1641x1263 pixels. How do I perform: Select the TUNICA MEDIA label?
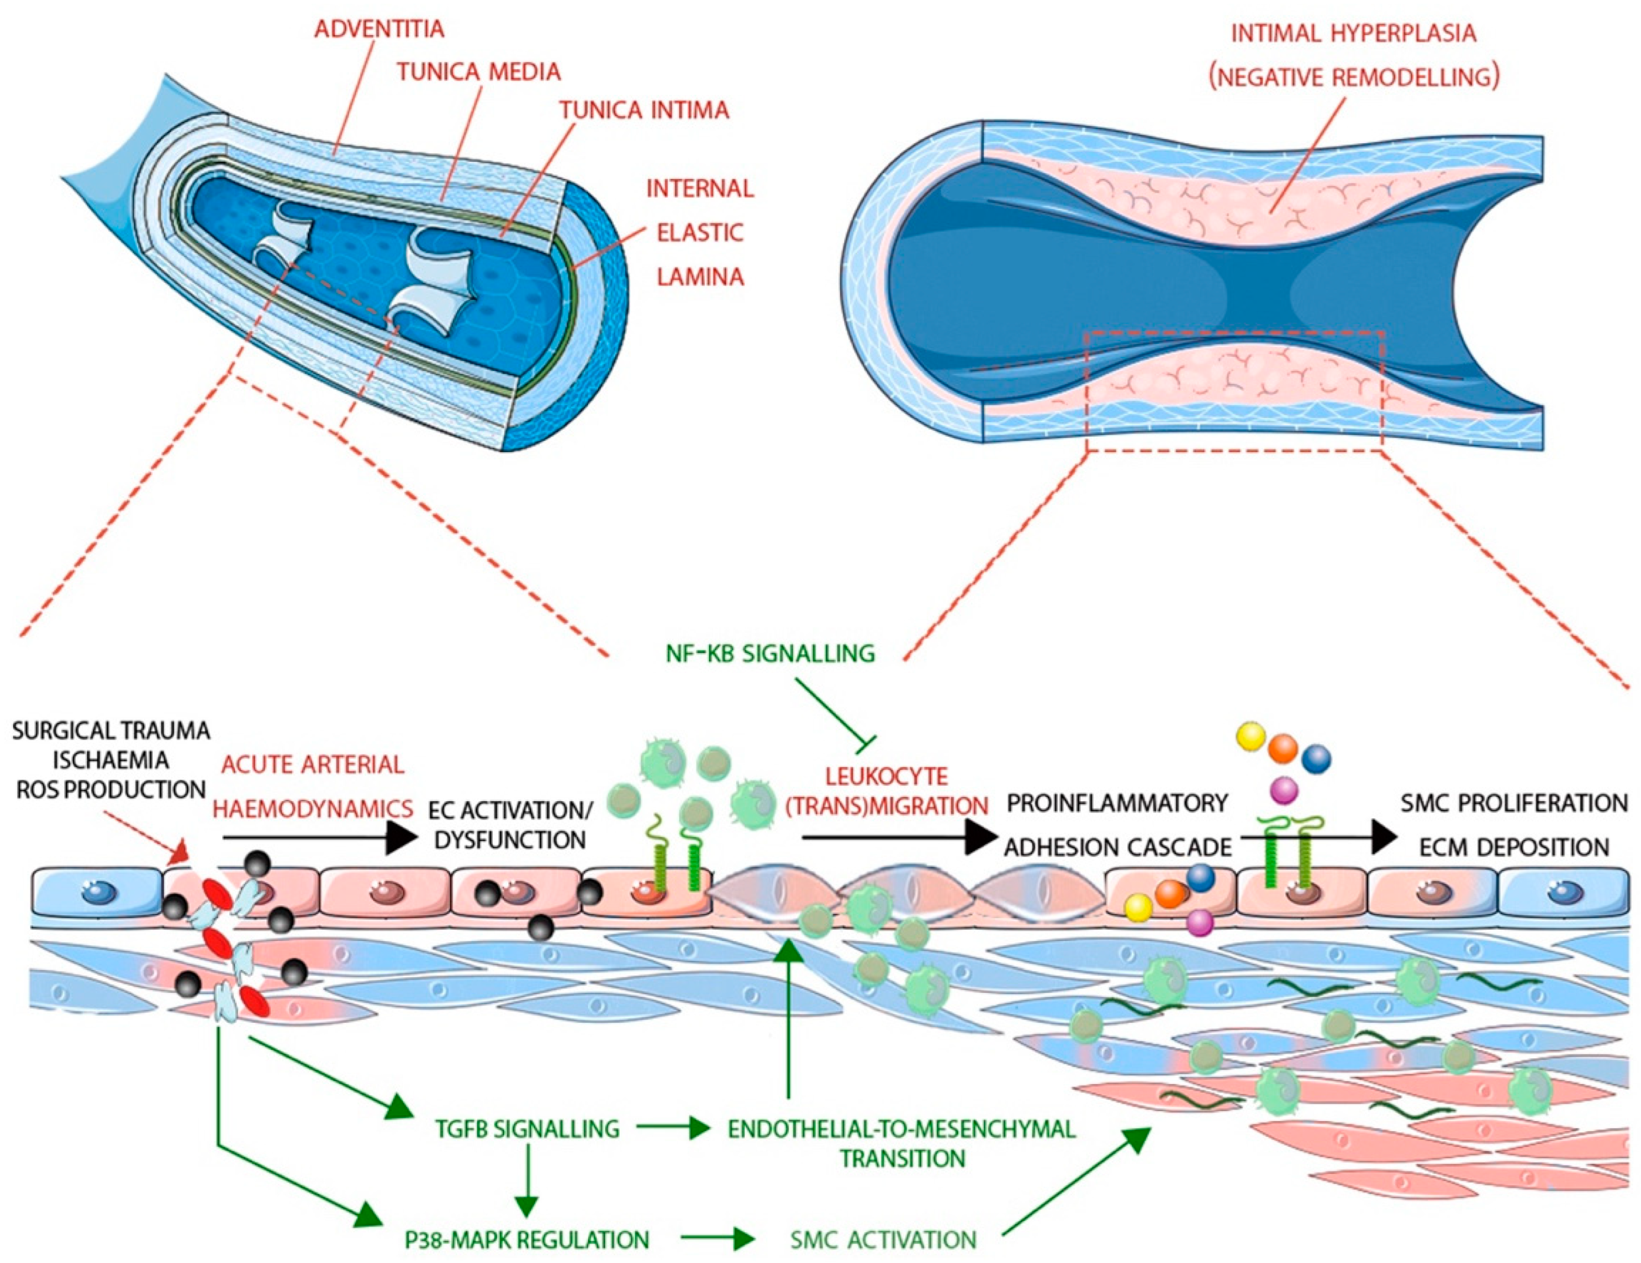(x=479, y=72)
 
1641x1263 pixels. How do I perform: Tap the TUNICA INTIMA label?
(x=644, y=110)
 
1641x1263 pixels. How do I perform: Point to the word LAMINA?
(x=700, y=277)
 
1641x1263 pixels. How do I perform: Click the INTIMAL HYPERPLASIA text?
(x=1352, y=33)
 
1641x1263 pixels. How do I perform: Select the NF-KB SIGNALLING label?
(x=770, y=653)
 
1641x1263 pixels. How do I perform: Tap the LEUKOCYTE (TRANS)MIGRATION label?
(x=887, y=791)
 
